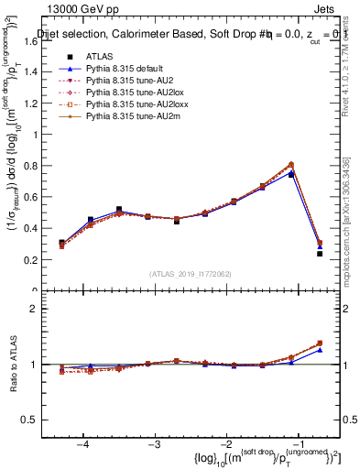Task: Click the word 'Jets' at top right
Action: pyautogui.click(x=325, y=8)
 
